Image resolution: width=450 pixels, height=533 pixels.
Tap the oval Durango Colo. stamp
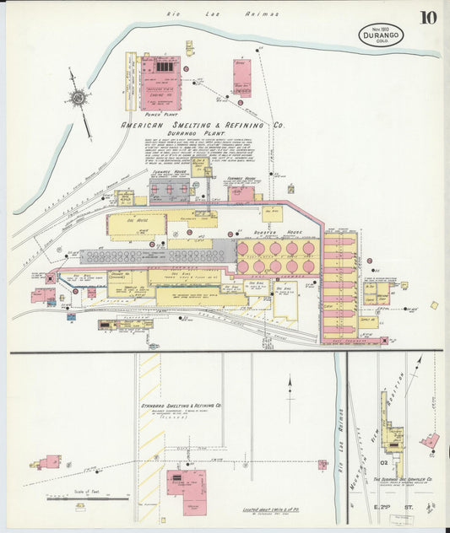click(x=381, y=35)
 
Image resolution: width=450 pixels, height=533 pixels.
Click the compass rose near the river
click(x=78, y=97)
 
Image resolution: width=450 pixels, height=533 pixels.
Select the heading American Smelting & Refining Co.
click(x=203, y=125)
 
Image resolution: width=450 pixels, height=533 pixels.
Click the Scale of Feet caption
click(x=81, y=491)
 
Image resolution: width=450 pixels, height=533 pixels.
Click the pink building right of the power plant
click(x=242, y=77)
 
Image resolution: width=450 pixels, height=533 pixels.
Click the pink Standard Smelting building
click(x=186, y=483)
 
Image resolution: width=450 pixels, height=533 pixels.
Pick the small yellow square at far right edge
click(x=434, y=304)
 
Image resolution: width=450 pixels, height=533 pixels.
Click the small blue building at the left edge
click(x=71, y=316)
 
